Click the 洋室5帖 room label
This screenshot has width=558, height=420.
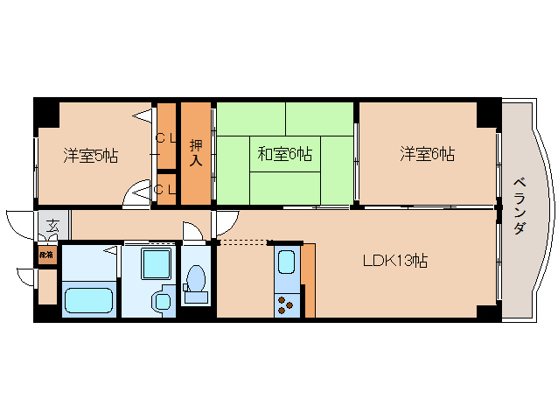coord(90,156)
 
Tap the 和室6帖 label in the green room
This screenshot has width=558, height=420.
coord(284,155)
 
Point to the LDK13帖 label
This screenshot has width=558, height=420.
coord(394,260)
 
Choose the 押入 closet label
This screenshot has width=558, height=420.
coord(196,153)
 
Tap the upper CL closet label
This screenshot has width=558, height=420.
coord(166,139)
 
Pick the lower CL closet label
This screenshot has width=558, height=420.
coord(166,188)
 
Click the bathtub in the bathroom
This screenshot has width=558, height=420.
coord(88,298)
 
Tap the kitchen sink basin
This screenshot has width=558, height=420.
coord(287,262)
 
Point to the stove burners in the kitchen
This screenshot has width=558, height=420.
coord(287,304)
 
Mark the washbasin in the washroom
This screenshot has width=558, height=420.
coord(162,301)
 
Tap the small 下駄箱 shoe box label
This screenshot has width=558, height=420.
coord(45,255)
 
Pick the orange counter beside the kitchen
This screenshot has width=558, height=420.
coord(308,281)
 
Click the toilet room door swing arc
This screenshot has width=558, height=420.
coord(191,231)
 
